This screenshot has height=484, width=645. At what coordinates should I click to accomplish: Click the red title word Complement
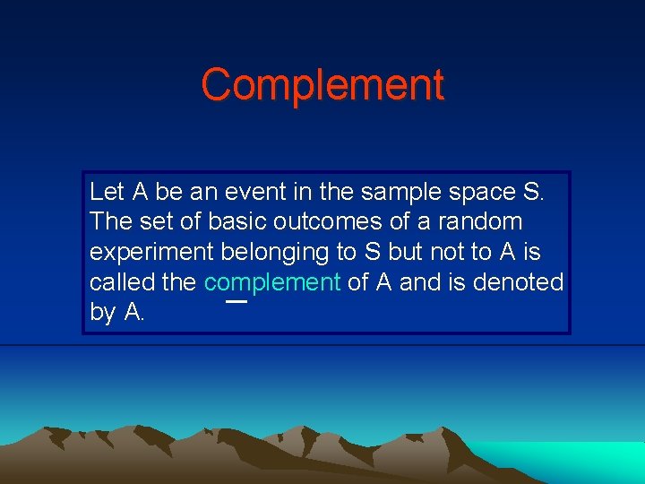(322, 85)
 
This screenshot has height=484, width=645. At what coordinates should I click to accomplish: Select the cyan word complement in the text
(271, 283)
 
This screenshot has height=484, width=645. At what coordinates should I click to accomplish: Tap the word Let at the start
(107, 191)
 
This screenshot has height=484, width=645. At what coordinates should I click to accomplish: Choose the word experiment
(152, 253)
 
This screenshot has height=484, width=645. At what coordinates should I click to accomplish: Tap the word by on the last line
(101, 314)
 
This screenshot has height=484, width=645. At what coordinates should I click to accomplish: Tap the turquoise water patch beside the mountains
(573, 462)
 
